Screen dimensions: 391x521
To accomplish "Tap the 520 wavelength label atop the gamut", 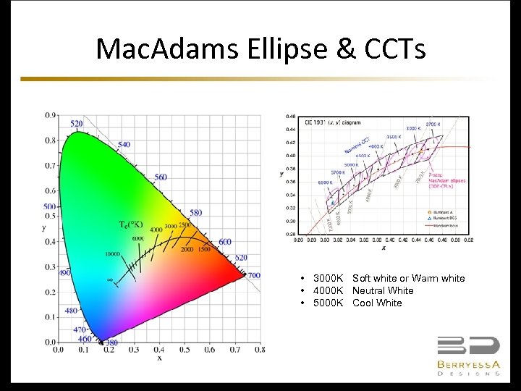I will [77, 124].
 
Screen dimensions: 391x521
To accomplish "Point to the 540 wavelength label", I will [124, 145].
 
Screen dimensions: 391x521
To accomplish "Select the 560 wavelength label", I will [160, 177].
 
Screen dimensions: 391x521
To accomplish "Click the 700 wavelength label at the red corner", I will [253, 276].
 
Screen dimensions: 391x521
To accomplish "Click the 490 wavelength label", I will [64, 273].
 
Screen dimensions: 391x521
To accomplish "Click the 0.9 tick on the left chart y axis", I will [50, 115].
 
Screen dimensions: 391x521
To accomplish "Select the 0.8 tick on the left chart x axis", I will [259, 350].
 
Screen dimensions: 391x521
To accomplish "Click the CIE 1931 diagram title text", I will [332, 122].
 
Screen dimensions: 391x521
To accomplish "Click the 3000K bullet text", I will [328, 278].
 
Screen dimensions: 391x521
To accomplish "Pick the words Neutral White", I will [383, 290].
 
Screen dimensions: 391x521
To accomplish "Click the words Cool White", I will [377, 303].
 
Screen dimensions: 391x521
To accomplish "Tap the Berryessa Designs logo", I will [468, 356].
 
